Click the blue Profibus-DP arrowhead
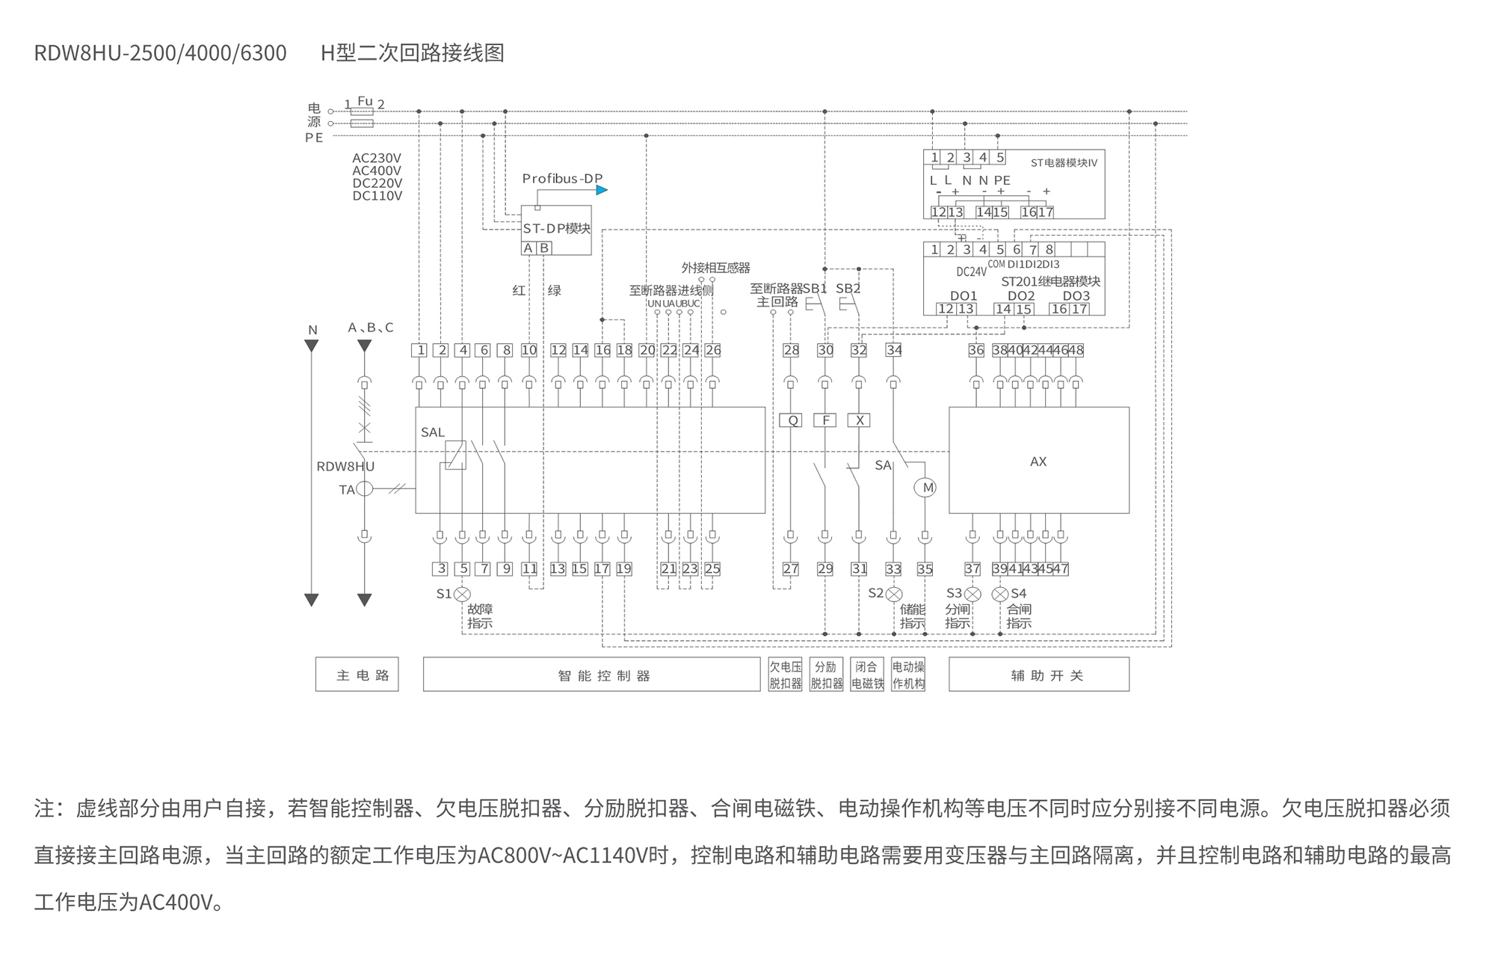pos(602,190)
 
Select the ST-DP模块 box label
pos(556,228)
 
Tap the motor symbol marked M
pos(925,488)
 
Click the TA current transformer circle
pos(364,489)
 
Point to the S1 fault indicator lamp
pos(463,594)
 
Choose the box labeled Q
pos(791,420)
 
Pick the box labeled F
pos(825,420)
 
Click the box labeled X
pos(859,420)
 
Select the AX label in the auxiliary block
pos(1038,461)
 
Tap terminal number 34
pos(894,350)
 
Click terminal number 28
pos(791,350)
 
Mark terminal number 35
pos(925,569)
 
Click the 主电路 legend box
pos(357,675)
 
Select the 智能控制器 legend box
pos(591,675)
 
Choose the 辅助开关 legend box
pos(1039,675)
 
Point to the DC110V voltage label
pos(377,196)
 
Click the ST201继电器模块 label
pos(1050,281)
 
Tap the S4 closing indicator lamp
pos(1000,594)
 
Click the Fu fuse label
pos(365,101)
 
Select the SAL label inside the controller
pos(433,432)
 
